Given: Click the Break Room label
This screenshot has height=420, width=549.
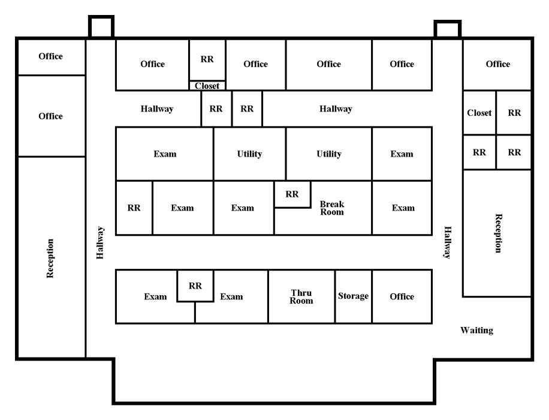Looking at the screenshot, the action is (332, 208).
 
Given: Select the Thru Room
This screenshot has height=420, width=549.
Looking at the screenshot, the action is (301, 296).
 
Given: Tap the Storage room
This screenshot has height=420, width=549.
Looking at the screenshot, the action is (353, 296).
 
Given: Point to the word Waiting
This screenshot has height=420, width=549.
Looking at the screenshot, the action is (476, 330).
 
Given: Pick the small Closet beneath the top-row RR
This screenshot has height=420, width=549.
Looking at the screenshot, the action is (207, 86).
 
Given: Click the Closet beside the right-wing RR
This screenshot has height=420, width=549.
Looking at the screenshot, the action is (479, 113).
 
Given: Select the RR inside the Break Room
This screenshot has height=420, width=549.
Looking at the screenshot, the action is (292, 194).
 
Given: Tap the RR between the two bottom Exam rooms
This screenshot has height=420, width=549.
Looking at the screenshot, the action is (195, 286).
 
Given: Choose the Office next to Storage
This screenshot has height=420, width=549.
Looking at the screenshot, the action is (402, 296).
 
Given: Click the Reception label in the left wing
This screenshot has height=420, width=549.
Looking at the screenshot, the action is (50, 259).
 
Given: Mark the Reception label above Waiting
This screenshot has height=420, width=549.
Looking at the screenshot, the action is (498, 233).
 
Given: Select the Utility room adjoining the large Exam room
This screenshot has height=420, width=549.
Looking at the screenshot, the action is (250, 154).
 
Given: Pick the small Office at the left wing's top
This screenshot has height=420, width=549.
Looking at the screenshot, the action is (51, 57).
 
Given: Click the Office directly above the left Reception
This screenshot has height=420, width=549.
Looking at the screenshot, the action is (51, 116).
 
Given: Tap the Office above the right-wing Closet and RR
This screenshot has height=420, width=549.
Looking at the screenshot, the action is (497, 64).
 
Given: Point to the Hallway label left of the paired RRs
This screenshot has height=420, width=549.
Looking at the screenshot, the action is (157, 109).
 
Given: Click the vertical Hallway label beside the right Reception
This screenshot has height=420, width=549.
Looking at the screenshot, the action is (448, 242).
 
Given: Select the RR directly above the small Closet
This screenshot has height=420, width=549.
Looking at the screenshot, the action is (207, 59).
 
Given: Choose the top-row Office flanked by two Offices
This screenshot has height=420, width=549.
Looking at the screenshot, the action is (329, 64).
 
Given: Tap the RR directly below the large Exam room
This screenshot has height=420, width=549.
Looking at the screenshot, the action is (134, 208).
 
